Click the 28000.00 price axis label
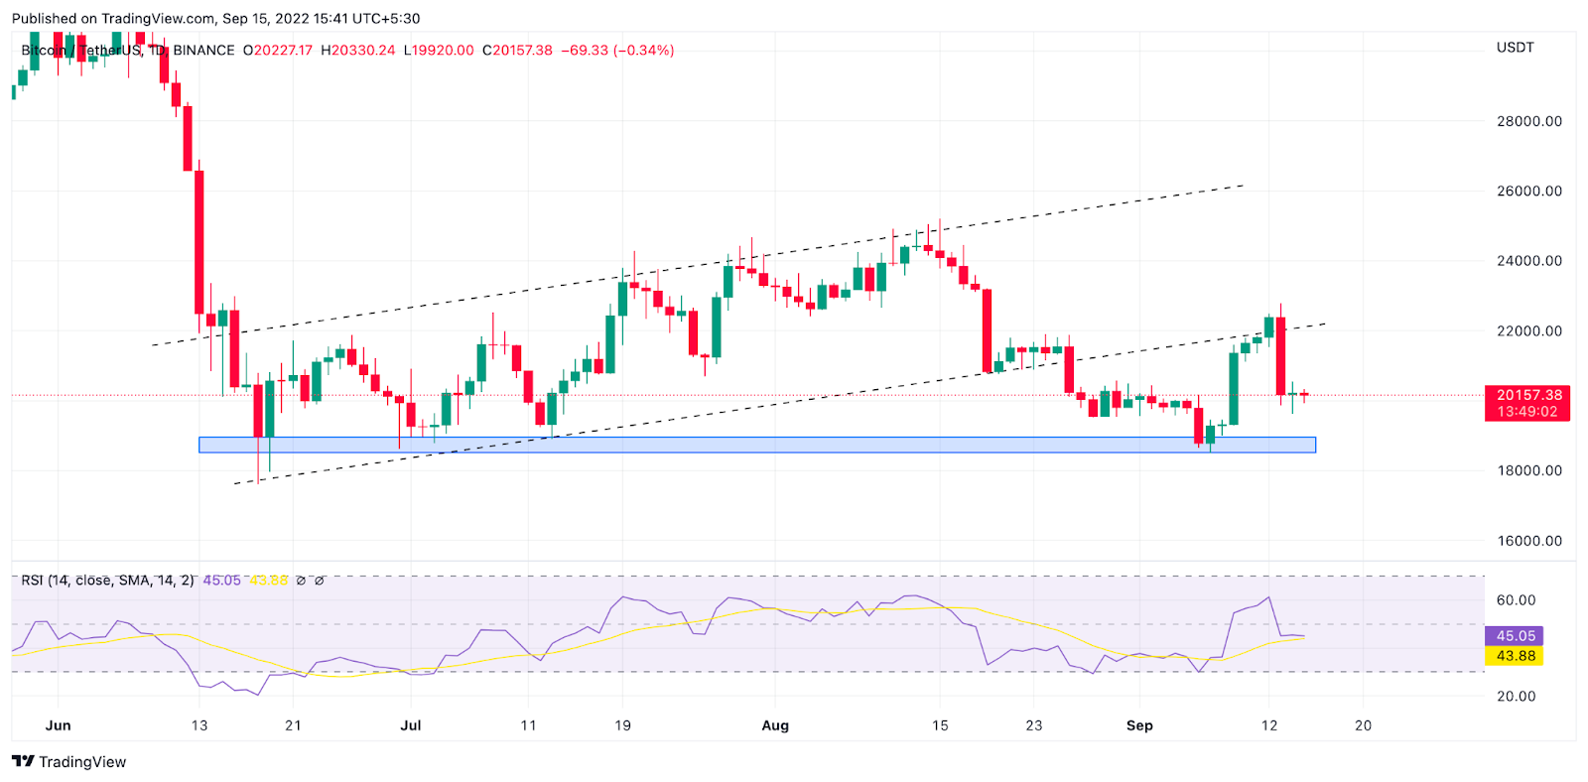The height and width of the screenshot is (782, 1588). [x=1528, y=121]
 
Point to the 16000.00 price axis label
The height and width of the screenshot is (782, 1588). [x=1528, y=541]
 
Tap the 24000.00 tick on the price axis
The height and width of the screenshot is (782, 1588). [x=1528, y=261]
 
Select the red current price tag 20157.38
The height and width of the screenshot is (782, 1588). [x=1528, y=395]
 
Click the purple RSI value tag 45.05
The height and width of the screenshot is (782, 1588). [x=1515, y=636]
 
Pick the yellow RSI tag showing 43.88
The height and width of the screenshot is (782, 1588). [x=1515, y=656]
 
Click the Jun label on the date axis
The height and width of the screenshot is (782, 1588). [x=59, y=725]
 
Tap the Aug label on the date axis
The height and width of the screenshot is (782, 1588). [x=775, y=725]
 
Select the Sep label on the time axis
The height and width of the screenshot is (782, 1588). [x=1139, y=725]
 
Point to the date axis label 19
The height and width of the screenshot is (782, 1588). [x=622, y=725]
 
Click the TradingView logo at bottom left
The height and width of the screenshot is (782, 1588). [x=69, y=762]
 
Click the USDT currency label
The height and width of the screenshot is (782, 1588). [x=1515, y=48]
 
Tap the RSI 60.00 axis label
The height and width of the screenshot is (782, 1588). [x=1516, y=600]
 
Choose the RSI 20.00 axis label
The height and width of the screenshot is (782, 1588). [x=1516, y=696]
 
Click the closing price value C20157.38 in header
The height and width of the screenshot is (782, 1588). [x=517, y=51]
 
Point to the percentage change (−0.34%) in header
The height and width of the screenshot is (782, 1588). [x=644, y=51]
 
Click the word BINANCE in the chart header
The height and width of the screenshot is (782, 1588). [x=204, y=51]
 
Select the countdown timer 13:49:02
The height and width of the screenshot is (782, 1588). [x=1527, y=412]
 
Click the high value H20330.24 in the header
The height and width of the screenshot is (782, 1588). [x=357, y=51]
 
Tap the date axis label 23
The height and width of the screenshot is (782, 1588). [x=1034, y=725]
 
